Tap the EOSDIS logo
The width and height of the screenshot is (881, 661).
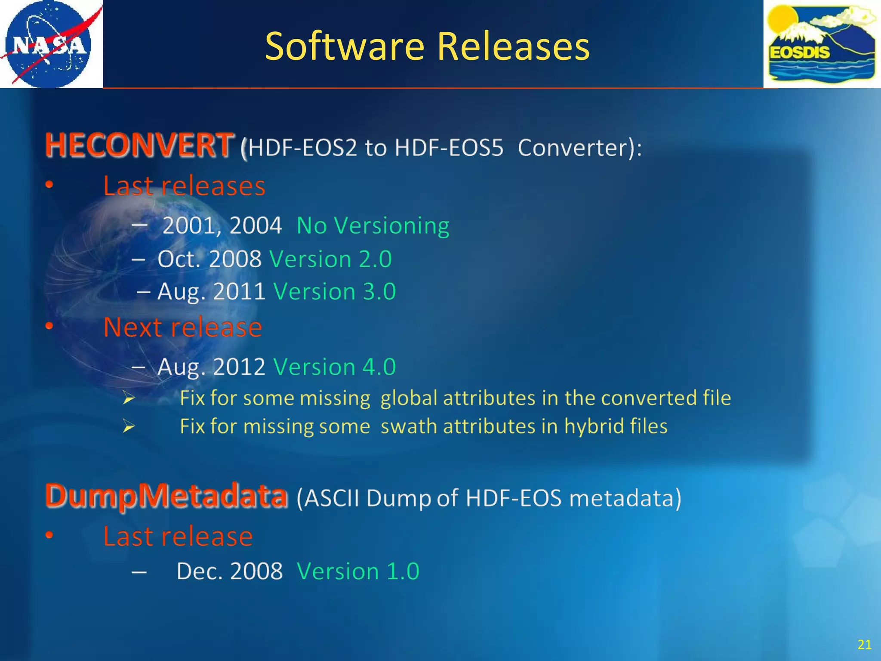tap(822, 44)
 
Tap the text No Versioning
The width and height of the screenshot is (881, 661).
tap(373, 225)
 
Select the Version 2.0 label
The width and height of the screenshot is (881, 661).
tap(330, 259)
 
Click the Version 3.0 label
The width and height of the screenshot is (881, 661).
tap(334, 291)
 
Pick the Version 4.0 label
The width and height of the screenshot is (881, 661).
tap(334, 367)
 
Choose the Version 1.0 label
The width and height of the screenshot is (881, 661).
tap(358, 571)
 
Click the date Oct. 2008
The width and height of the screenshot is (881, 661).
tap(209, 259)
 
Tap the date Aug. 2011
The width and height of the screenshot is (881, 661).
tap(211, 291)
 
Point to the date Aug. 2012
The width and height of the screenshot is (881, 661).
tap(211, 367)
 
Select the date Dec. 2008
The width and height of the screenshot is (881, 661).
tap(230, 571)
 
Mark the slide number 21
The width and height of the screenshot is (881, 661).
tap(864, 644)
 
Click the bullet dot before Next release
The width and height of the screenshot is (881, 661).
tap(49, 326)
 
